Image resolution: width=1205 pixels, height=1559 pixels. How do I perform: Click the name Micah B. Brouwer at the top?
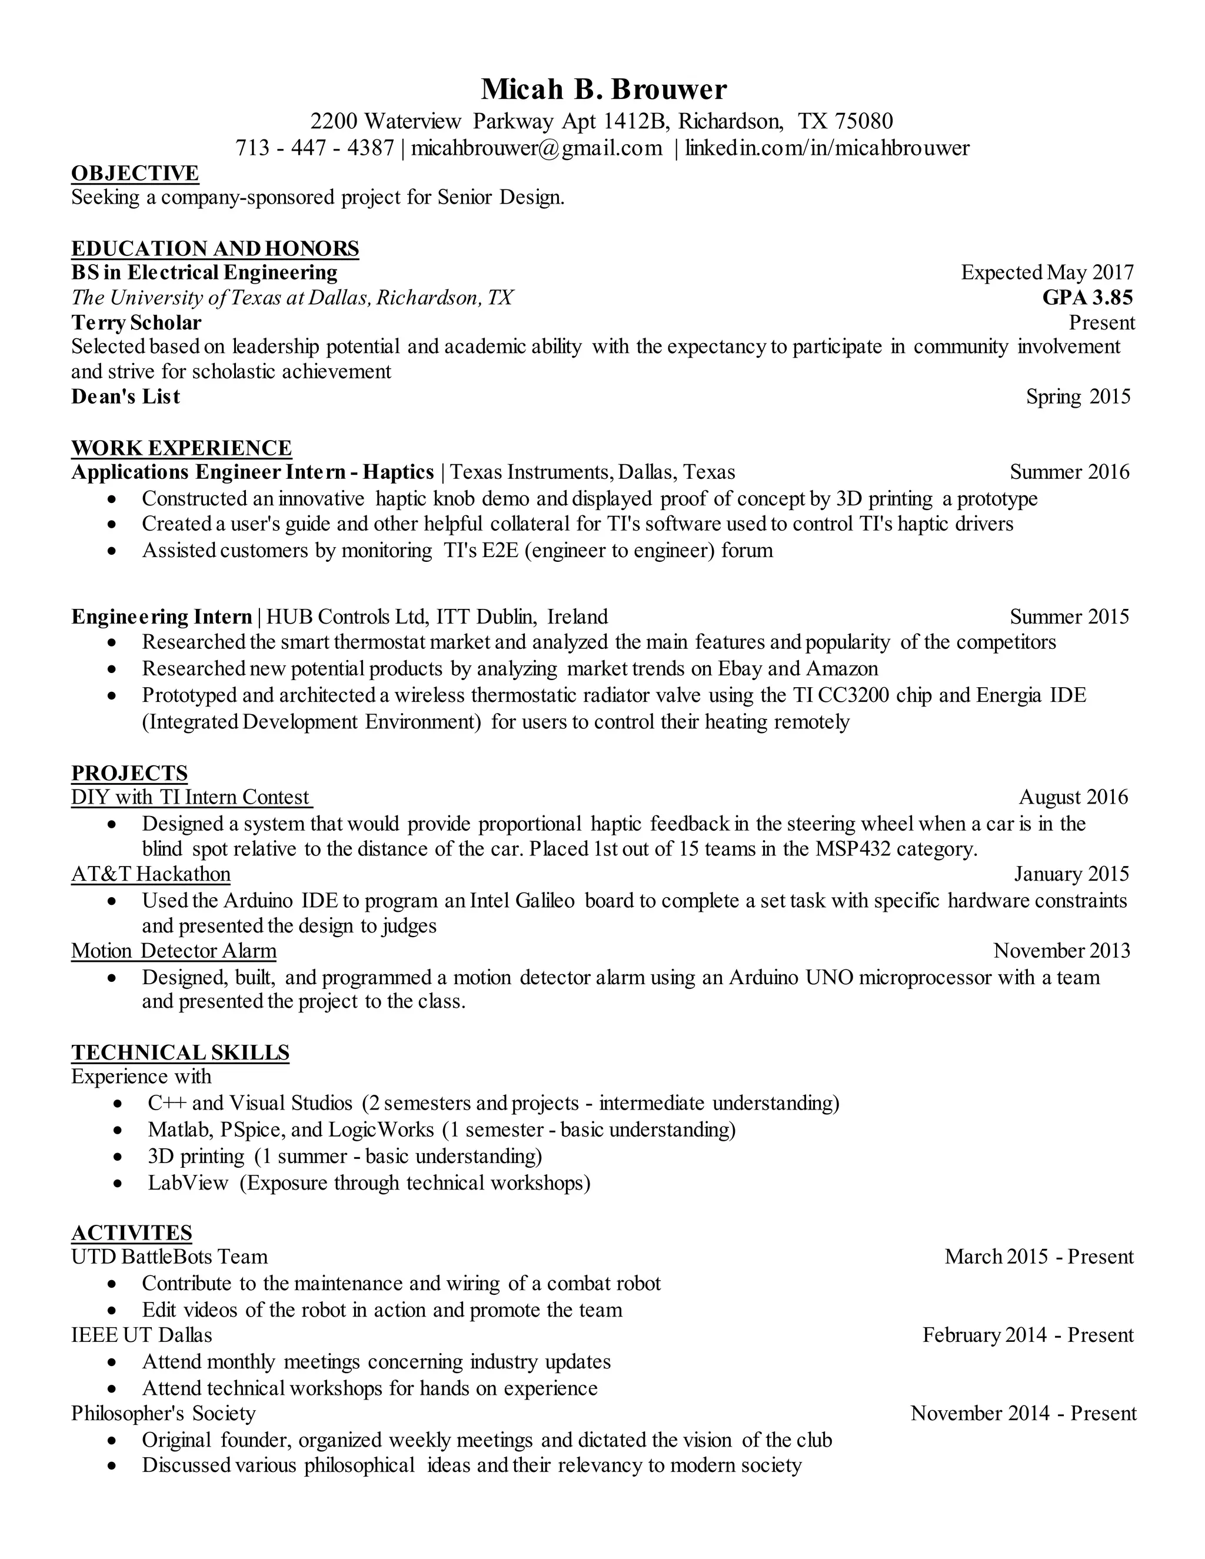point(603,90)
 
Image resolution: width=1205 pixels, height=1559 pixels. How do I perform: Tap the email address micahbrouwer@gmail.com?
point(536,148)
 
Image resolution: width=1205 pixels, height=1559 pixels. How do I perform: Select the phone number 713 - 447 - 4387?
point(314,148)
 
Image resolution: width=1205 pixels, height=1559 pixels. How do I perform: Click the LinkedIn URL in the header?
point(827,148)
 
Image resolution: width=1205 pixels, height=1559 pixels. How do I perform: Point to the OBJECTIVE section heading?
point(135,174)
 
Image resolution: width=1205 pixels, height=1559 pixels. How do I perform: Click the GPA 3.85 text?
point(1087,298)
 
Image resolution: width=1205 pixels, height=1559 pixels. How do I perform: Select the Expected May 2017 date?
point(1047,273)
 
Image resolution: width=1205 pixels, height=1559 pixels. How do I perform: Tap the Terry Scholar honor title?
point(137,322)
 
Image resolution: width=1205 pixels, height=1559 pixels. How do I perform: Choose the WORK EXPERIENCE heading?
point(181,448)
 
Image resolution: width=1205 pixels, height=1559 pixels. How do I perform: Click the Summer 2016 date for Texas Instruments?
point(1069,472)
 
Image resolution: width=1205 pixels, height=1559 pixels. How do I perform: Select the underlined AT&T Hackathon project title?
point(151,874)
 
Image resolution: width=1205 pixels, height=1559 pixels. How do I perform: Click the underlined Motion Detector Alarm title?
point(174,951)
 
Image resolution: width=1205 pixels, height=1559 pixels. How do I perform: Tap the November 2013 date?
point(1061,951)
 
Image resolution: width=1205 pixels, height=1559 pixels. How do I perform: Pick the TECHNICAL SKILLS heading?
point(180,1052)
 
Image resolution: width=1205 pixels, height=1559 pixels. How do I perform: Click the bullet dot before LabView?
point(118,1184)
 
